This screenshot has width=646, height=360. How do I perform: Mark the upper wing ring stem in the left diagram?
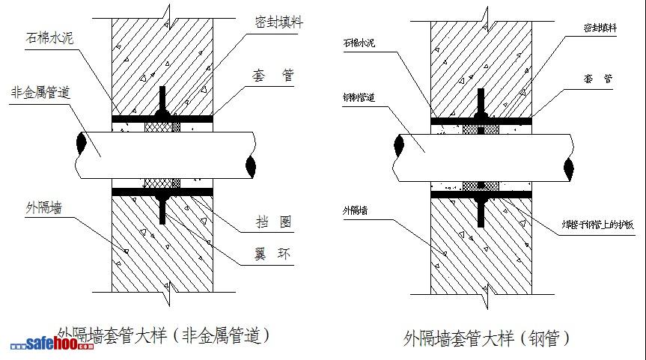coord(162,101)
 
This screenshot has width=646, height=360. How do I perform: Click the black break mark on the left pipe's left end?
coord(81,142)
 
